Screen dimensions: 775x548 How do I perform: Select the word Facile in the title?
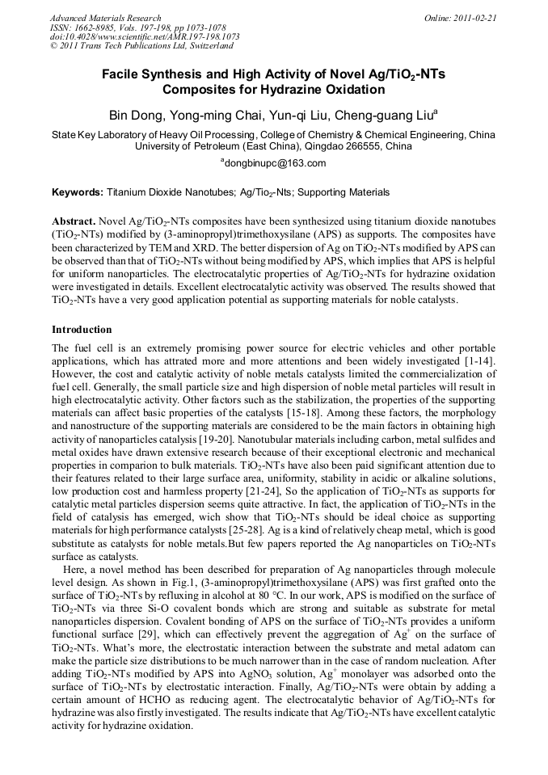click(x=120, y=74)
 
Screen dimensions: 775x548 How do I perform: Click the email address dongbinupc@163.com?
click(x=274, y=163)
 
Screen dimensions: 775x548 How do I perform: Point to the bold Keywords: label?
click(x=78, y=192)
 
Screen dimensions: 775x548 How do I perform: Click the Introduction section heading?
click(x=82, y=330)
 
